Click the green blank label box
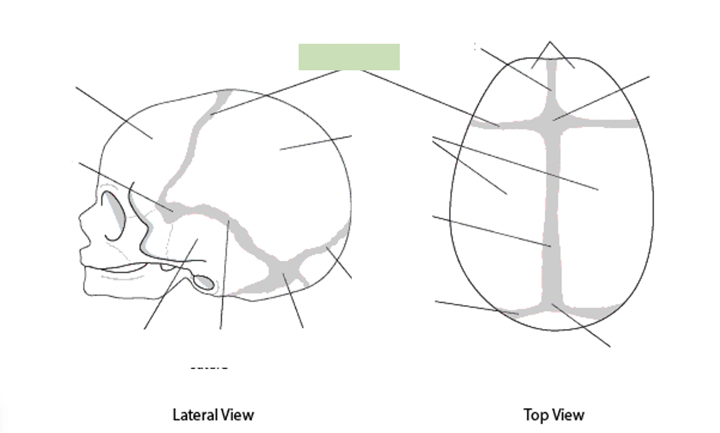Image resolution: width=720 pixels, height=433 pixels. [x=349, y=57]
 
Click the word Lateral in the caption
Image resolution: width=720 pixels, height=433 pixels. [x=192, y=415]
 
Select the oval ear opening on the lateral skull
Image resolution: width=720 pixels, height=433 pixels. [x=205, y=282]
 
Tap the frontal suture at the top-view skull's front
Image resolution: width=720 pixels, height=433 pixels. [x=552, y=78]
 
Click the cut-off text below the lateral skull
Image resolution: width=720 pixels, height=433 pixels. [x=208, y=366]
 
